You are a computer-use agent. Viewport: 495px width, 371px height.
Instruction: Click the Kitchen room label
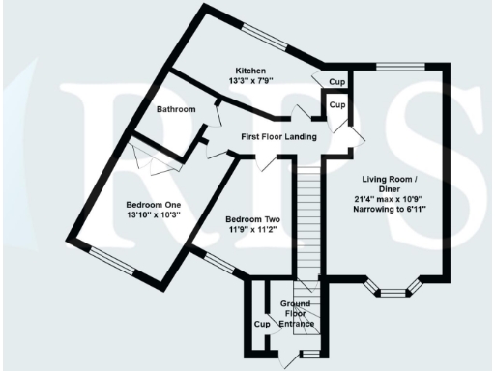pos(251,71)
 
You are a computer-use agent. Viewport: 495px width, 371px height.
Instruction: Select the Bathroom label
pos(176,109)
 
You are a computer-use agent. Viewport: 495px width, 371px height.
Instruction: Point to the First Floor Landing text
pos(279,138)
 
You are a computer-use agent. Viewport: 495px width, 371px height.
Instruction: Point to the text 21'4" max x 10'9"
pos(390,199)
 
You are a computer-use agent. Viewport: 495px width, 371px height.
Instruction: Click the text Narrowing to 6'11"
pos(390,210)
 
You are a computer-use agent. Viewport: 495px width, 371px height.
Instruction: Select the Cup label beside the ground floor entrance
pos(261,324)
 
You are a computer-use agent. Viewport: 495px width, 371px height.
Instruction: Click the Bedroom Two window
pos(218,262)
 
